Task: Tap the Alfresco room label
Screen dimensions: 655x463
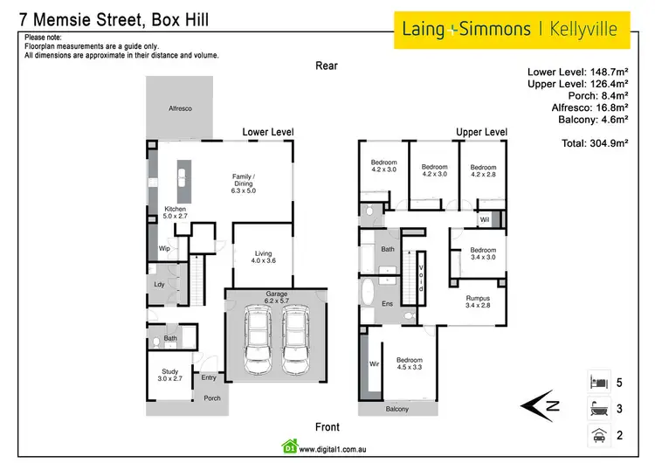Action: click(x=180, y=107)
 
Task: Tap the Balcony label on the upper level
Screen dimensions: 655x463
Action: click(x=396, y=409)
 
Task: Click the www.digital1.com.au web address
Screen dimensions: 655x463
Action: click(x=330, y=451)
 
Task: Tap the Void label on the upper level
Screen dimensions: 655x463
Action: click(x=421, y=277)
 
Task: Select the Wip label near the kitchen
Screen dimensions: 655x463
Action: click(x=163, y=249)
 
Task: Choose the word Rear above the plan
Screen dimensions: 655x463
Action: click(x=327, y=66)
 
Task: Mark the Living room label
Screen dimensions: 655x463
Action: click(x=264, y=258)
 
